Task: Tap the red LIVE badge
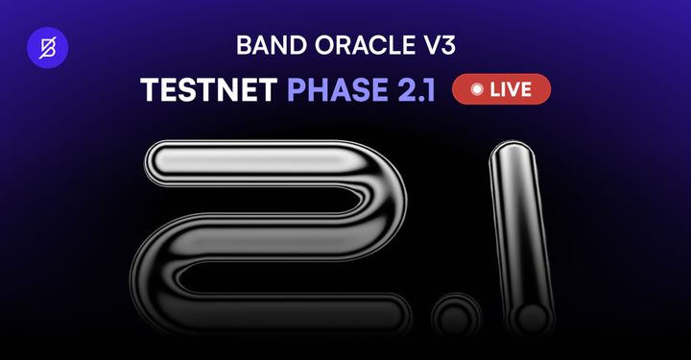[500, 89]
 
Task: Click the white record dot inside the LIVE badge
[475, 89]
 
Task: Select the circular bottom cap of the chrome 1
[529, 316]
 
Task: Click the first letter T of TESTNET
[148, 89]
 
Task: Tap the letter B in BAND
[243, 46]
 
